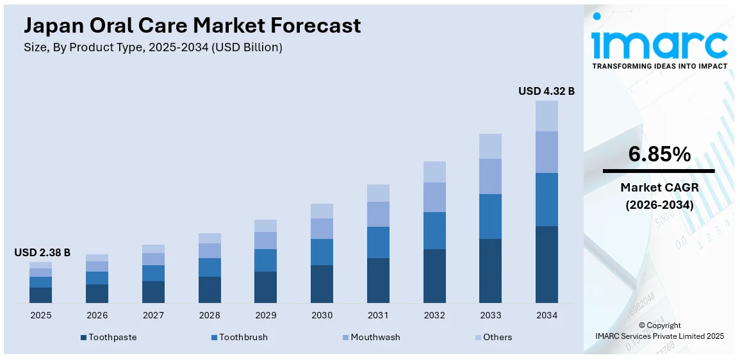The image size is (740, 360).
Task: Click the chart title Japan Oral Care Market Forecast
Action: (192, 26)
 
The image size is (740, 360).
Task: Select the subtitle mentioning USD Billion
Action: (153, 47)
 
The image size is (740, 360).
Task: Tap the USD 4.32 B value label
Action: (546, 91)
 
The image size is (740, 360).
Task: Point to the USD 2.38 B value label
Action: (42, 253)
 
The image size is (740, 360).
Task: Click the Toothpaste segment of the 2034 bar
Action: (547, 264)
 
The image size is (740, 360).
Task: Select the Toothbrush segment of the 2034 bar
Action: (547, 199)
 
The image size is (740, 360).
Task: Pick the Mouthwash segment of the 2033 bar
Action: (490, 176)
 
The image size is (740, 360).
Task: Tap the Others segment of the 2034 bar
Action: (547, 116)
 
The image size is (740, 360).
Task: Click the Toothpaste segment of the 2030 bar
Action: (322, 284)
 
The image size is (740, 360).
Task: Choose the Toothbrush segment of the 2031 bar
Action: (378, 242)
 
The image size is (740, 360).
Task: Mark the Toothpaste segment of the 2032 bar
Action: (434, 275)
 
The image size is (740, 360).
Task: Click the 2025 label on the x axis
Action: (41, 315)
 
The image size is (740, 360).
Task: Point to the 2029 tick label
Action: (265, 315)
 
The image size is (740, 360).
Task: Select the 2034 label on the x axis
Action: (547, 315)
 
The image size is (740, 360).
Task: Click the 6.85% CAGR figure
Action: (659, 154)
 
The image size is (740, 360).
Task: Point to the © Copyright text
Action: (659, 325)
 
